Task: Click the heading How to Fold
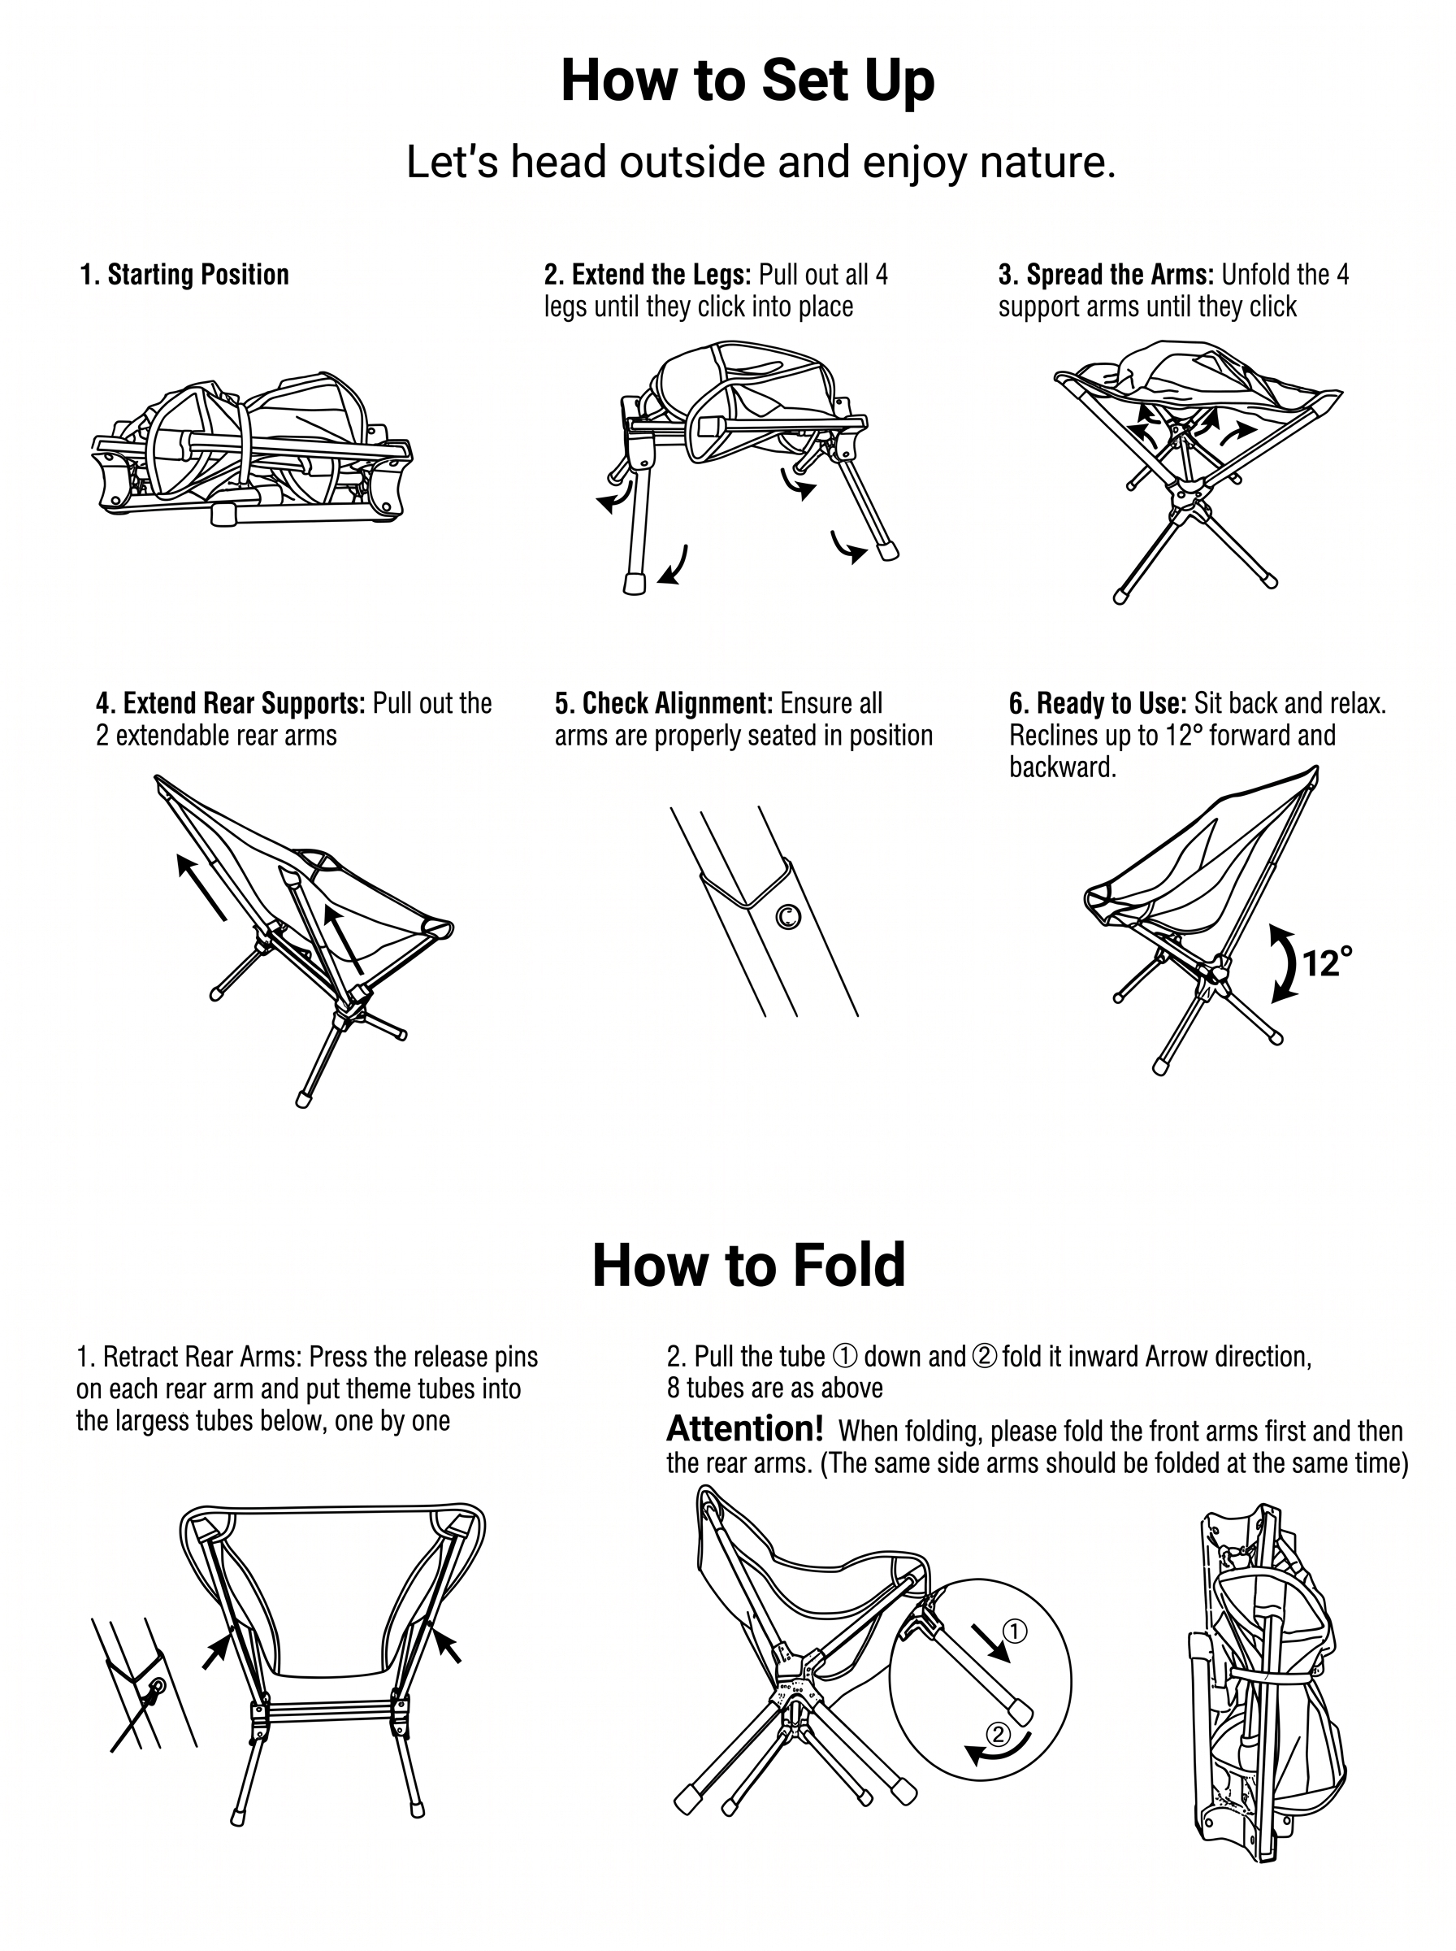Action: [x=748, y=1264]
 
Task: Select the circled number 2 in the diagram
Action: [x=998, y=1734]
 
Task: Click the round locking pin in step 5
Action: [x=788, y=917]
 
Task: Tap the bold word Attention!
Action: [x=745, y=1427]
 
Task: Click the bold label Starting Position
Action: [x=184, y=275]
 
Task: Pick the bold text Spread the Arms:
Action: [x=1106, y=275]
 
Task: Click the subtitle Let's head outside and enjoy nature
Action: [x=760, y=163]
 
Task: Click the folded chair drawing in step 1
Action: [x=252, y=450]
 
